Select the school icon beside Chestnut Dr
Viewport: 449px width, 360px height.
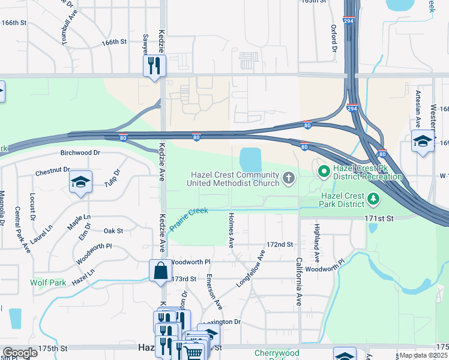click(80, 182)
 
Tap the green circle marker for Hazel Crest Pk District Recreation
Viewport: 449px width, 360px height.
click(324, 172)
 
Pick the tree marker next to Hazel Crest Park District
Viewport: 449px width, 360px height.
click(373, 197)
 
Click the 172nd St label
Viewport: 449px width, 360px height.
click(280, 245)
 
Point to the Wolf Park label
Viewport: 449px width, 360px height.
click(44, 282)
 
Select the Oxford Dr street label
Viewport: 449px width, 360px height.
click(334, 38)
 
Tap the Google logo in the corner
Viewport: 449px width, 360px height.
click(20, 353)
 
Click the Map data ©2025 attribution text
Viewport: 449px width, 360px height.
click(424, 355)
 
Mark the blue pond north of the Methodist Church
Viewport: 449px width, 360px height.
click(250, 160)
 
